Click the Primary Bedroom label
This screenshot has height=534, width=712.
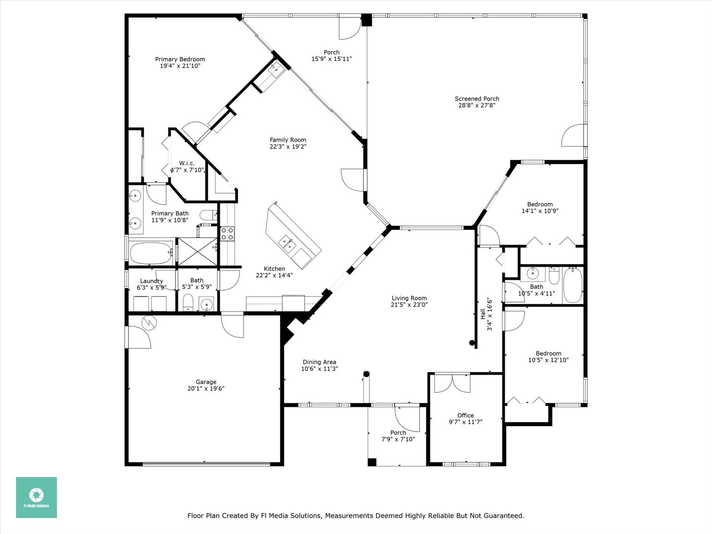pos(180,59)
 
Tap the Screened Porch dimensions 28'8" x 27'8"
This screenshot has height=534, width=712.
pos(477,105)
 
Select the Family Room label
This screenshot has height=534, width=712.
pos(288,140)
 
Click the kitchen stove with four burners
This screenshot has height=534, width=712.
pos(227,234)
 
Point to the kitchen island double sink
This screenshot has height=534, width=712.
pos(287,244)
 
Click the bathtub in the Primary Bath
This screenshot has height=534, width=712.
pos(151,253)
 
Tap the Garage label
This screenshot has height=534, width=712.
pos(206,382)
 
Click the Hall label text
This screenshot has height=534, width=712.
pos(483,314)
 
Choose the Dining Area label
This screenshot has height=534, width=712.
pos(320,362)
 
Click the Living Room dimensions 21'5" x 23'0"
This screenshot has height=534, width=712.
pos(409,305)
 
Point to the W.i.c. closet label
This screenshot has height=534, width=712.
pos(187,163)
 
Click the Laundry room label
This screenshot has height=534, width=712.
pos(151,281)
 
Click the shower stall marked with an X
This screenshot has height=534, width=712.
pos(198,251)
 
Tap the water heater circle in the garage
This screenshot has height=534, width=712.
pos(149,323)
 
